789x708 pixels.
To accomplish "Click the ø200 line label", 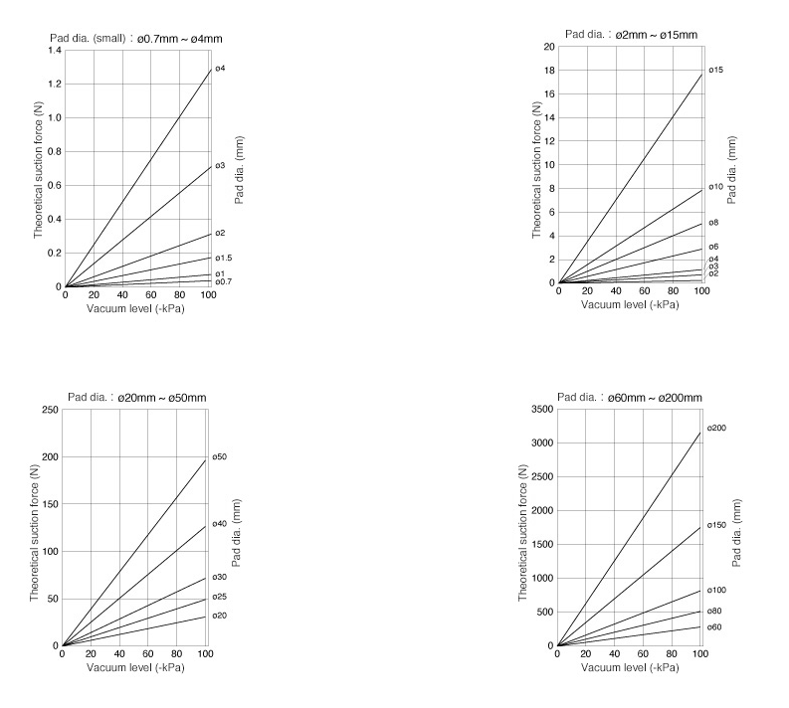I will point(717,429).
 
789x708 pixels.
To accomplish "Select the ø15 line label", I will point(715,70).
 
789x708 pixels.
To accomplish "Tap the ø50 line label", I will point(220,457).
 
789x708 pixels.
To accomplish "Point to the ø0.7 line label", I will point(223,282).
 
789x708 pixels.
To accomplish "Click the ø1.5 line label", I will point(223,259).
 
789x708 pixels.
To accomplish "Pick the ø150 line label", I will point(717,525).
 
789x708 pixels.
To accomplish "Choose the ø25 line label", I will point(220,597).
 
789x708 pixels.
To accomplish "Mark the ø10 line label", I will point(715,187).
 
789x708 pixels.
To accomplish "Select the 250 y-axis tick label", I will point(47,410).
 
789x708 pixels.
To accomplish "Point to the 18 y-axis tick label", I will point(549,71).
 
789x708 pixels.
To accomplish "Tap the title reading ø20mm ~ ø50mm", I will point(136,398).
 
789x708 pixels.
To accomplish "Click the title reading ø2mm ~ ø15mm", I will point(631,35).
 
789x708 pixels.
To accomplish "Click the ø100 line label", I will point(717,591).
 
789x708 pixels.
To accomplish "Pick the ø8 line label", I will point(713,224).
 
